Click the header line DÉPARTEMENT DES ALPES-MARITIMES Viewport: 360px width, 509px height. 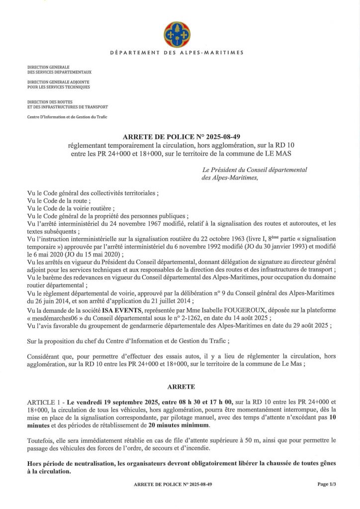[177, 53]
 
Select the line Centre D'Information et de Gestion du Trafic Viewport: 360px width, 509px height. [67, 117]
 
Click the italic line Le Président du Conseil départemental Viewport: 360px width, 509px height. [255, 170]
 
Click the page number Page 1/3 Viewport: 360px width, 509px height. [327, 484]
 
